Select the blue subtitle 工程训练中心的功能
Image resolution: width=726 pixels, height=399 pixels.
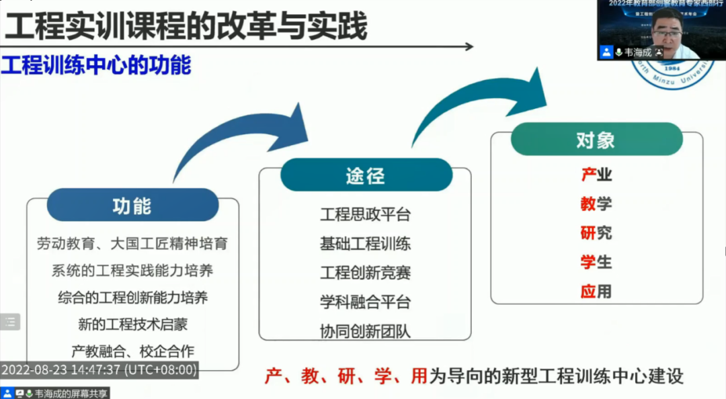96,65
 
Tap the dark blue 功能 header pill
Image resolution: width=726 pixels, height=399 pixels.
132,205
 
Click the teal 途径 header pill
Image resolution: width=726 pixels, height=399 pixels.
366,175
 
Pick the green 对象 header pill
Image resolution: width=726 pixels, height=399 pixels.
596,140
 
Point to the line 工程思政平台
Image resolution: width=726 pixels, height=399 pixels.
365,214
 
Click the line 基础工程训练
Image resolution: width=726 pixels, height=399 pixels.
365,243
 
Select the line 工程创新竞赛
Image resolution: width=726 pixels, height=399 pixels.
365,273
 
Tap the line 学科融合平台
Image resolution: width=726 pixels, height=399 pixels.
365,302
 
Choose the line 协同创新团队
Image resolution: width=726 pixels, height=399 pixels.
365,331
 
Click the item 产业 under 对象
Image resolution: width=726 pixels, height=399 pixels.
596,175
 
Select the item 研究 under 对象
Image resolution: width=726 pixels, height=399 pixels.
596,232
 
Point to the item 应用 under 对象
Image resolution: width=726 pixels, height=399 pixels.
596,291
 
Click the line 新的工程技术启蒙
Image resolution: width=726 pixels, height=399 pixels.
132,324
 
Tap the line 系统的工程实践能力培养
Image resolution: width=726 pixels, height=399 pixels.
132,271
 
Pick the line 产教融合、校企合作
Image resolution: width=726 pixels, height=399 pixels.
132,351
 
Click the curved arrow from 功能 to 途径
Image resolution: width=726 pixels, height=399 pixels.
235,138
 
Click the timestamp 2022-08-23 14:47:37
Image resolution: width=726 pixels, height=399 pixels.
99,370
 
